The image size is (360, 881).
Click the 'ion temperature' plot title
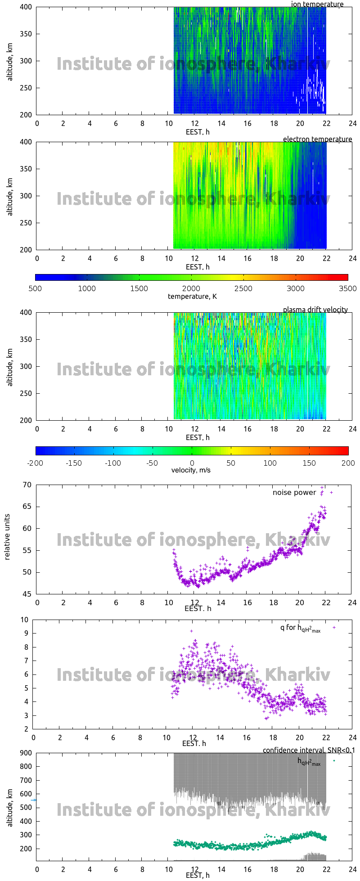coord(317,4)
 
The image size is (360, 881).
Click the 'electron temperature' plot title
coord(317,139)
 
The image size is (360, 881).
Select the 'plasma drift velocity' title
coord(315,310)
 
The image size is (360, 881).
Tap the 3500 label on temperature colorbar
coord(347,288)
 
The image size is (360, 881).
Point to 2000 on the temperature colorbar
coord(191,288)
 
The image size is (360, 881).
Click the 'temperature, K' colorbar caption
coord(192,296)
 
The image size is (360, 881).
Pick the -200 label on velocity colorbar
coord(35,463)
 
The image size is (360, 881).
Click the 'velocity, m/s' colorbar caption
coord(191,470)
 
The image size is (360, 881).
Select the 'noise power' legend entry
coord(294,493)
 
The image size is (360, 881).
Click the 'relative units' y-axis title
coord(7,539)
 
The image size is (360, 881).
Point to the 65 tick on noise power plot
coord(27,507)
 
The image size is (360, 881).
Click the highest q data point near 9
coord(191,631)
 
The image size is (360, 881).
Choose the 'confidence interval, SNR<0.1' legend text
coord(309,750)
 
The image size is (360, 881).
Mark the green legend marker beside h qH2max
coord(334,760)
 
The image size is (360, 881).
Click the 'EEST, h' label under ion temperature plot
coord(198,132)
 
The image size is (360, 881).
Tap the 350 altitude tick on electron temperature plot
coord(26,169)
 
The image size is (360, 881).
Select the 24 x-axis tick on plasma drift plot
coord(352,429)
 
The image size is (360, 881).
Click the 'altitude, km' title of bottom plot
coord(10,807)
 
